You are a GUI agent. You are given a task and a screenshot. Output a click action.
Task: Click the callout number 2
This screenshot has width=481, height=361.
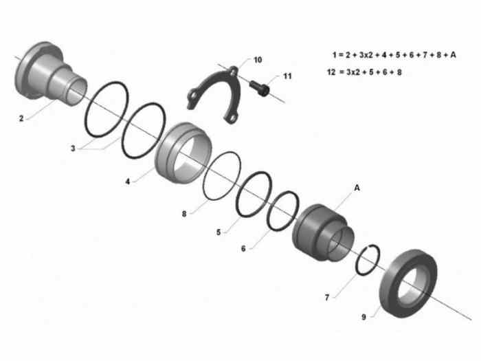tap(21, 118)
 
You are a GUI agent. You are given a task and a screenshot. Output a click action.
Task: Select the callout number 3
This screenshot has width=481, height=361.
tap(73, 149)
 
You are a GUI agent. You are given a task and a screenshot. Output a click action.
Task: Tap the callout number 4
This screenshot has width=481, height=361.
tap(128, 182)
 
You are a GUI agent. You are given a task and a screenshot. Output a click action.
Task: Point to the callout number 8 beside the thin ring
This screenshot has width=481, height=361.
tap(184, 214)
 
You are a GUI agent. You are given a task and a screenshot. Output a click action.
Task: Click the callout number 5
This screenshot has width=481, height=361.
tap(219, 232)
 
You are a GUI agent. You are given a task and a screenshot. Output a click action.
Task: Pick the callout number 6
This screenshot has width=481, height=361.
tap(243, 248)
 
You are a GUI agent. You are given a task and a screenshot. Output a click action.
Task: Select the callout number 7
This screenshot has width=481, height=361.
tap(327, 298)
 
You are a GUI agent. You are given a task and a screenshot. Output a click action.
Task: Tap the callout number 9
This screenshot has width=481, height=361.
tap(363, 317)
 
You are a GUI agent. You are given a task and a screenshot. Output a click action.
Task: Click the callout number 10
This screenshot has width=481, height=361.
tap(258, 60)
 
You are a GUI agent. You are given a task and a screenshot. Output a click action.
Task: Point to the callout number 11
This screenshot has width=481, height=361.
tap(287, 76)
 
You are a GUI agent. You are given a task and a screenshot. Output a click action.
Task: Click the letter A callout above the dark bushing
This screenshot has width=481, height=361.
tap(357, 188)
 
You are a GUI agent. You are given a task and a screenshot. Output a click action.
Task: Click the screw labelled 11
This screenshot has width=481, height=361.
tap(260, 88)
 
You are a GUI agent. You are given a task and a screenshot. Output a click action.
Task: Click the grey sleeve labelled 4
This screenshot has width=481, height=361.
tap(183, 153)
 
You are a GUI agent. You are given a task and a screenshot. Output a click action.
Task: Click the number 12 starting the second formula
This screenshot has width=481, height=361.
tap(331, 72)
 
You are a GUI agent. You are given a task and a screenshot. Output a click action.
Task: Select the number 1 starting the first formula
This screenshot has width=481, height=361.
tap(335, 55)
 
